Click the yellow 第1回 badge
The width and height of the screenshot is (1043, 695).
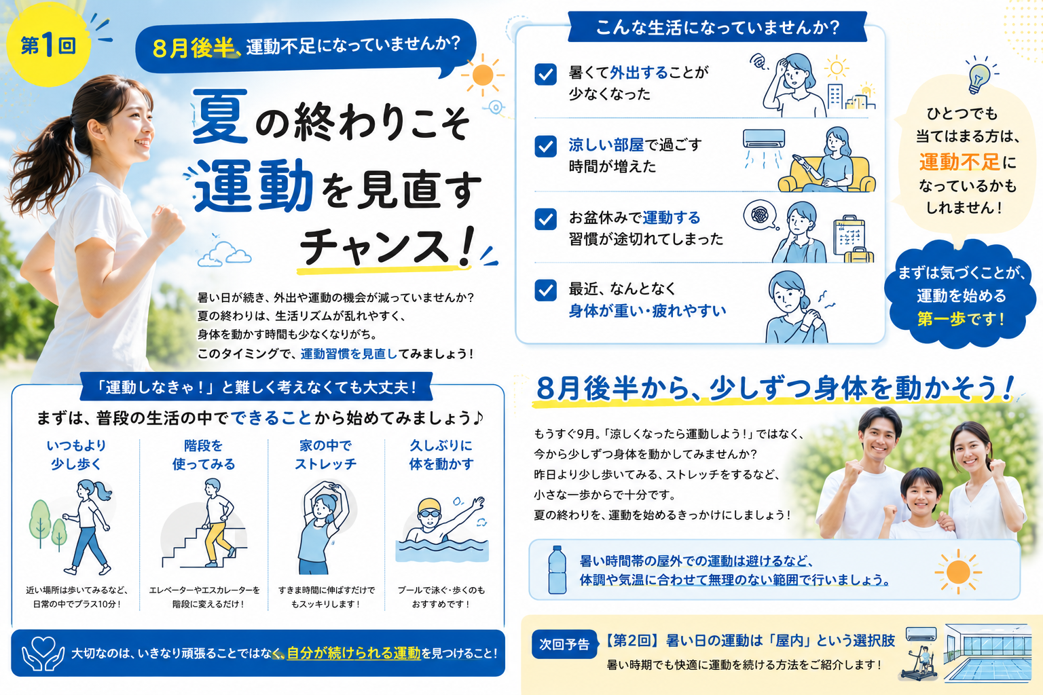pyautogui.click(x=48, y=45)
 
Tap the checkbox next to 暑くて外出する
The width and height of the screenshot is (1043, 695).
pyautogui.click(x=545, y=75)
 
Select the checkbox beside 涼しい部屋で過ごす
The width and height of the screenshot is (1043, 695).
pyautogui.click(x=545, y=147)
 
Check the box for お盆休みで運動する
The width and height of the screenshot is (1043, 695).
pyautogui.click(x=545, y=219)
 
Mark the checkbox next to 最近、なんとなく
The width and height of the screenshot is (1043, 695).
pyautogui.click(x=545, y=290)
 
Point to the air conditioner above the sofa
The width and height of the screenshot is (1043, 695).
pyautogui.click(x=764, y=138)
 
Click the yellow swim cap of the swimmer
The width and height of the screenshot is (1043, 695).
pyautogui.click(x=429, y=506)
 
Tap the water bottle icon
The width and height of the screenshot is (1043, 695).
pyautogui.click(x=557, y=569)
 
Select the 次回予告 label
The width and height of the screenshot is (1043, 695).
pyautogui.click(x=564, y=644)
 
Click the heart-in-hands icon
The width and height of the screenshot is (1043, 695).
pyautogui.click(x=43, y=653)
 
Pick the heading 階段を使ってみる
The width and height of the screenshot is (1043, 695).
pyautogui.click(x=204, y=455)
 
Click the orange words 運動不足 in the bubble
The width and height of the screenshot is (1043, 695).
pyautogui.click(x=959, y=162)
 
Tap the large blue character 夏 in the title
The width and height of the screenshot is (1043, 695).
pyautogui.click(x=219, y=116)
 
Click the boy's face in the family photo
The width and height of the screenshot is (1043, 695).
pyautogui.click(x=921, y=494)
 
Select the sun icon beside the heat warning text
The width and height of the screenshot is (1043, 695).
pyautogui.click(x=958, y=571)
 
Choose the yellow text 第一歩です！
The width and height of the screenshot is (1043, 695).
pyautogui.click(x=960, y=319)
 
